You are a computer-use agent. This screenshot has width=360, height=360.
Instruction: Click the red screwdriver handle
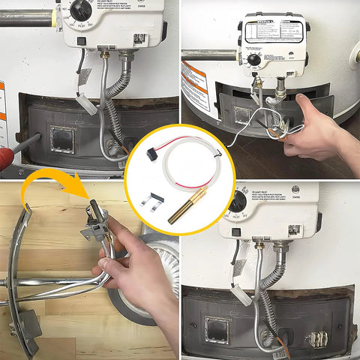click(5, 157)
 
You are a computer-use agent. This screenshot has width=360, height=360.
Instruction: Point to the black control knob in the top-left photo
click(81, 10)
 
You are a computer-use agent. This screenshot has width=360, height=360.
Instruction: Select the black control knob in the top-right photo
click(256, 59)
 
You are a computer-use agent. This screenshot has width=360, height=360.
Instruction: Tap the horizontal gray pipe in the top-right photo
click(210, 55)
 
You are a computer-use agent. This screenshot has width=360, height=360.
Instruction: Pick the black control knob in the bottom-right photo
click(238, 202)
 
